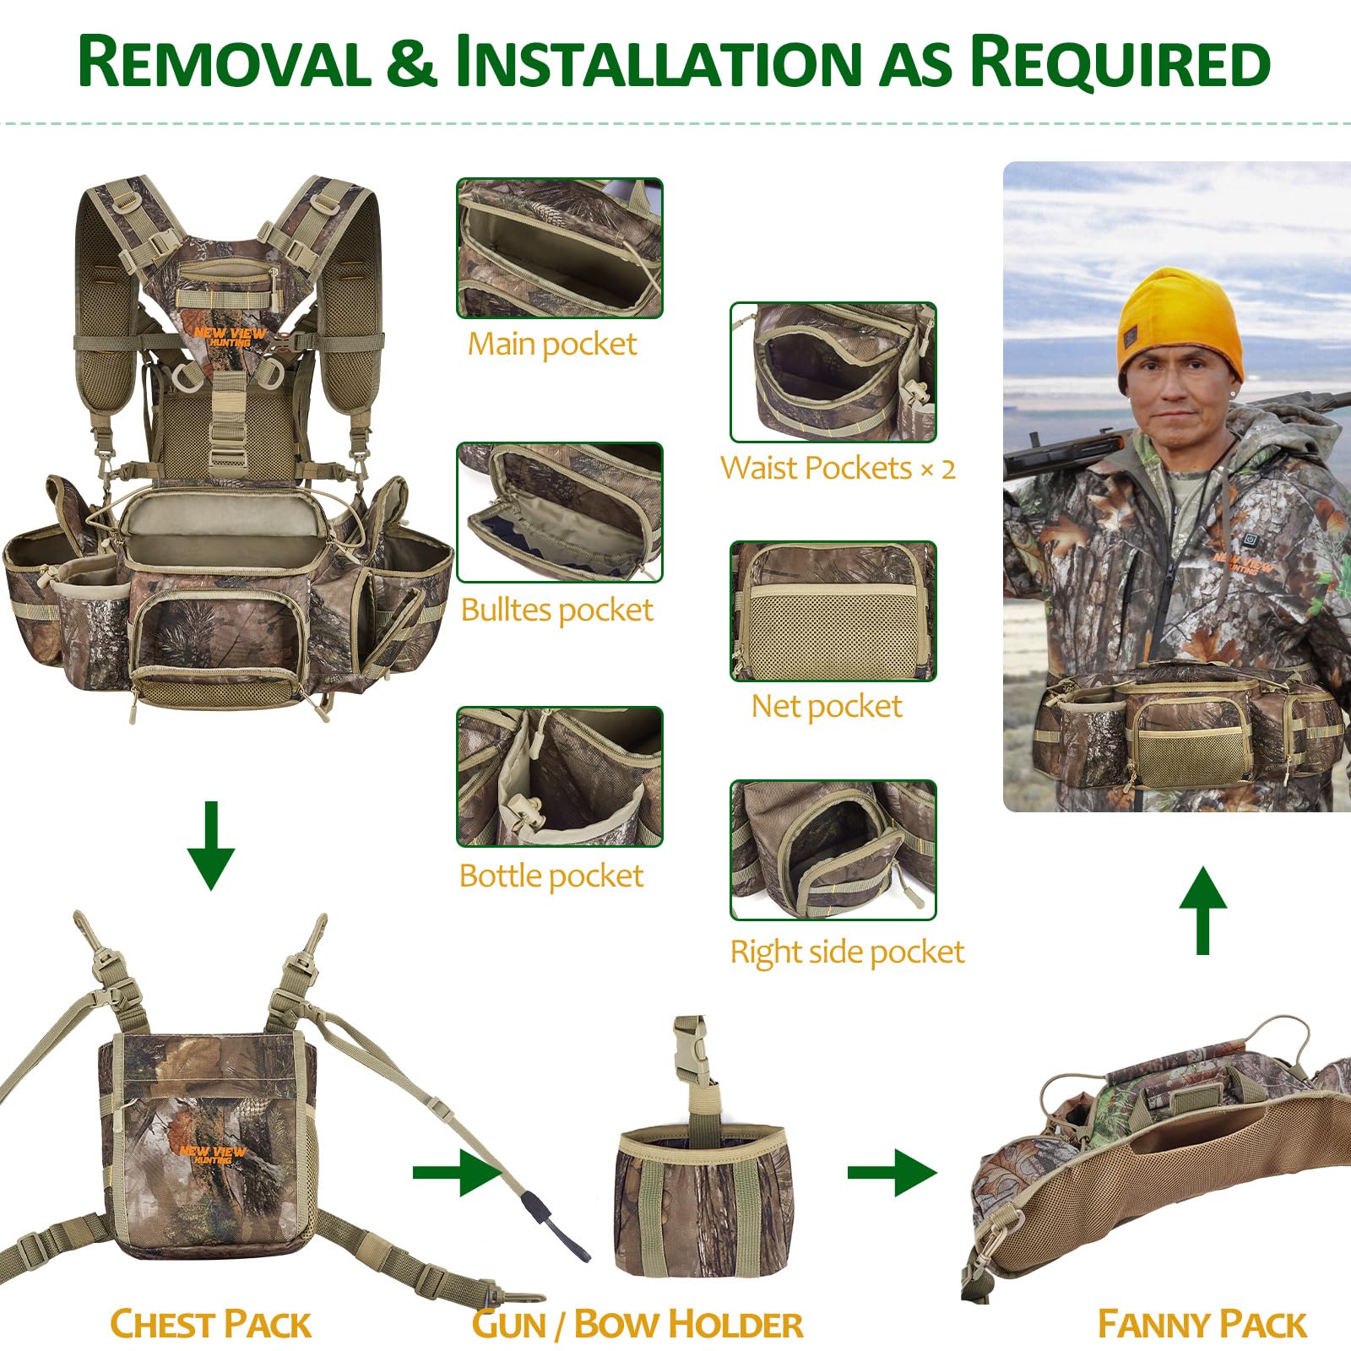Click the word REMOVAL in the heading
tap(224, 62)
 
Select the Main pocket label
tap(552, 345)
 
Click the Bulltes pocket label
tap(557, 610)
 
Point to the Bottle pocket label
tap(551, 876)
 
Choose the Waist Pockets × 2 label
tap(838, 468)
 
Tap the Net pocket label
tap(827, 706)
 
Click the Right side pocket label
tap(847, 952)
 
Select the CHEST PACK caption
tap(211, 1324)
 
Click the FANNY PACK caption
tap(1202, 1324)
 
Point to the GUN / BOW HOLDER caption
tap(638, 1324)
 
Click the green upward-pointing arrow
tap(1203, 910)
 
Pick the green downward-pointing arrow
tap(211, 846)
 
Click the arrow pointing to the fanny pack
tap(893, 1172)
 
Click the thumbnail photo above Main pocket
tap(560, 248)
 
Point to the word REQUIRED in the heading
tap(1120, 62)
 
